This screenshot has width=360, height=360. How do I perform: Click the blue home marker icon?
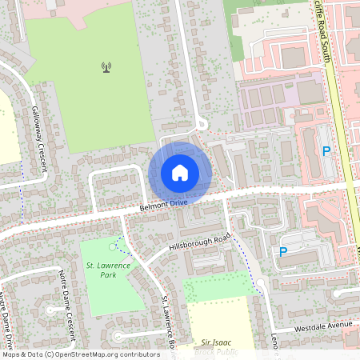tap(180, 172)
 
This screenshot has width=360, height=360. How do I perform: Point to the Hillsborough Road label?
tap(200, 242)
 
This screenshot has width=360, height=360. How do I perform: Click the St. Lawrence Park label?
tap(102, 269)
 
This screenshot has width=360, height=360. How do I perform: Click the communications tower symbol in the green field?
tap(106, 67)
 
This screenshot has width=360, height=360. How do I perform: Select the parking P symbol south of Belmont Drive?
tap(282, 252)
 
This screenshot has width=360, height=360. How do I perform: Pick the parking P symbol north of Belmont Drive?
tap(326, 150)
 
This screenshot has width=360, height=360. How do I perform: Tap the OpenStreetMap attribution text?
tap(80, 354)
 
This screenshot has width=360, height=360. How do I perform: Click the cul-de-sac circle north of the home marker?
tap(202, 124)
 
